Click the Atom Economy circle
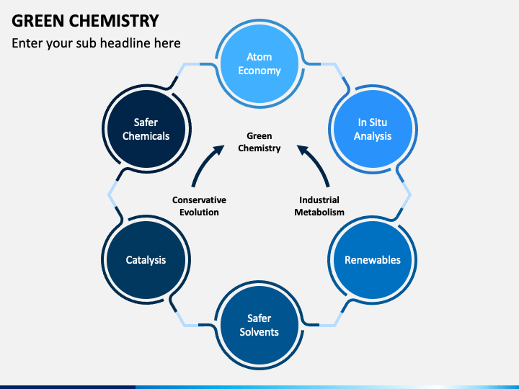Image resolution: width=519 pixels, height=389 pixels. (x=259, y=63)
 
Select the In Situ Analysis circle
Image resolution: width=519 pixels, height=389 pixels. (x=373, y=129)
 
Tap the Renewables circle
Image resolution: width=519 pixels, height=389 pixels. (x=373, y=260)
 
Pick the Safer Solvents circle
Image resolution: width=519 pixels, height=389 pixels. (x=259, y=325)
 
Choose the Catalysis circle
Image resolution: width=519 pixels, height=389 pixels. (x=146, y=260)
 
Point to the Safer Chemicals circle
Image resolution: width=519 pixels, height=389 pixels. (x=146, y=129)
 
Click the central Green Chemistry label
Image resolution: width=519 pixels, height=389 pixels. (x=259, y=142)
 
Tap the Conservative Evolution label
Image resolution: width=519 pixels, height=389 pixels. (x=199, y=206)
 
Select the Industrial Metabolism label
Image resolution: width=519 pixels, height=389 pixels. (x=319, y=206)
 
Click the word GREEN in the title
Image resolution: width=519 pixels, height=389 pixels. (x=37, y=20)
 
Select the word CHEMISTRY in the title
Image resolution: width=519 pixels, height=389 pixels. (x=114, y=20)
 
